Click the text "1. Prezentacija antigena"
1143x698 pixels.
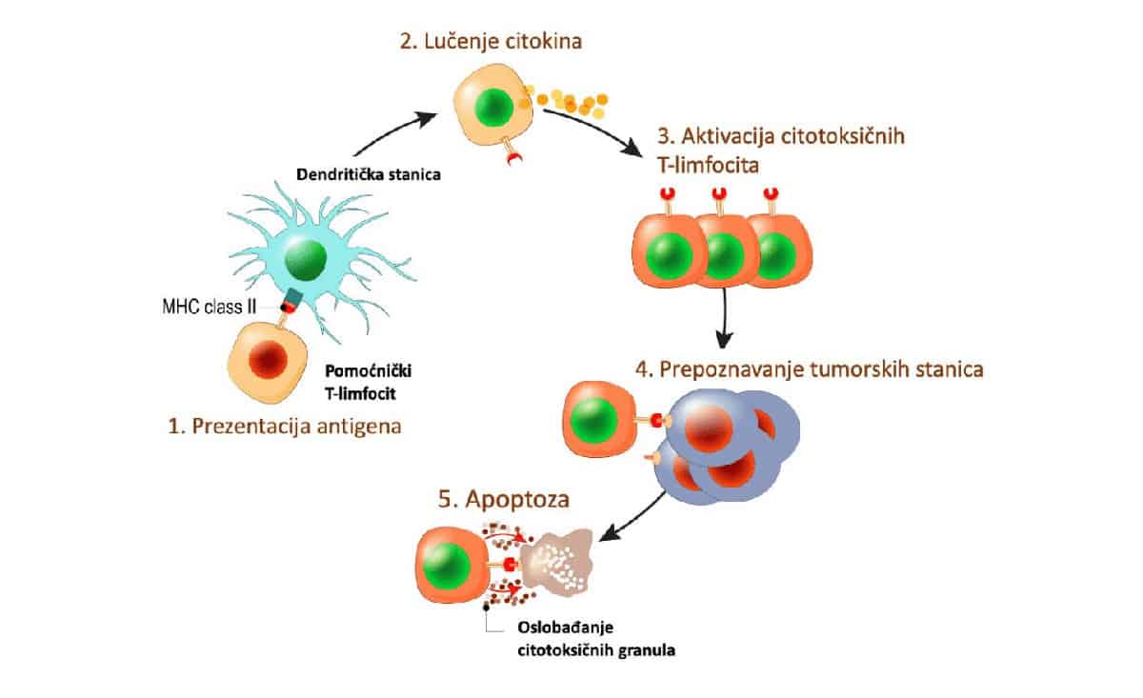pyautogui.click(x=284, y=426)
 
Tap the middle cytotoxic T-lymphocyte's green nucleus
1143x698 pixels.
pyautogui.click(x=725, y=255)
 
